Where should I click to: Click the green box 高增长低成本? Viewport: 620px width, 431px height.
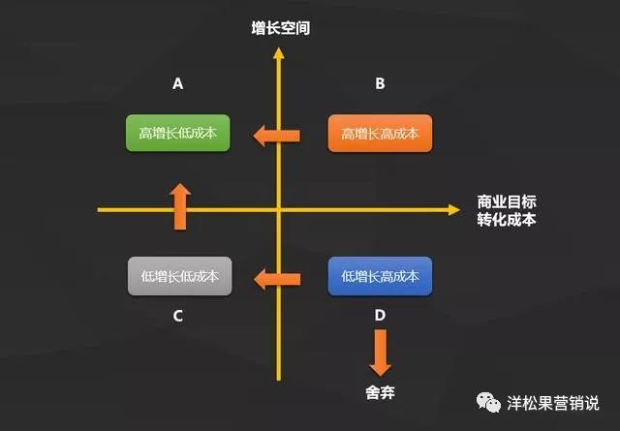pyautogui.click(x=178, y=134)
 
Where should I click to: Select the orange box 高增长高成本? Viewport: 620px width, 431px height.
pyautogui.click(x=380, y=134)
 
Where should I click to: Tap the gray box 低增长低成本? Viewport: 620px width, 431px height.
pyautogui.click(x=178, y=276)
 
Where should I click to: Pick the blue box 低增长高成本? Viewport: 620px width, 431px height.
pyautogui.click(x=380, y=276)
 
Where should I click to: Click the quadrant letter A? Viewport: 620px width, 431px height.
pyautogui.click(x=178, y=84)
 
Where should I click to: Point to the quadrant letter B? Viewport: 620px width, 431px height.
pyautogui.click(x=380, y=84)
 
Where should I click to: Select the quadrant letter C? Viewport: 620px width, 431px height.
pyautogui.click(x=178, y=316)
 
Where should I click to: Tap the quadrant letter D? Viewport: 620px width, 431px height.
pyautogui.click(x=380, y=316)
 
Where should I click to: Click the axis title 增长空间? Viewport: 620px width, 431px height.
pyautogui.click(x=279, y=29)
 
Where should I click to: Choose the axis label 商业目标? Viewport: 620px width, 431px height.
pyautogui.click(x=506, y=201)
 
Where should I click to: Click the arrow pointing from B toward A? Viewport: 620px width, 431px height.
pyautogui.click(x=277, y=136)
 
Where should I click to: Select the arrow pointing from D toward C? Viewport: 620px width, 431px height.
pyautogui.click(x=277, y=280)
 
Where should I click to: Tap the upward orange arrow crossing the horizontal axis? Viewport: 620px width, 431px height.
pyautogui.click(x=179, y=205)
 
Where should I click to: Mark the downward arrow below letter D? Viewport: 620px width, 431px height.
pyautogui.click(x=380, y=354)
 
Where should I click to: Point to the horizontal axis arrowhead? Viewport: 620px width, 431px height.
pyautogui.click(x=453, y=208)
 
